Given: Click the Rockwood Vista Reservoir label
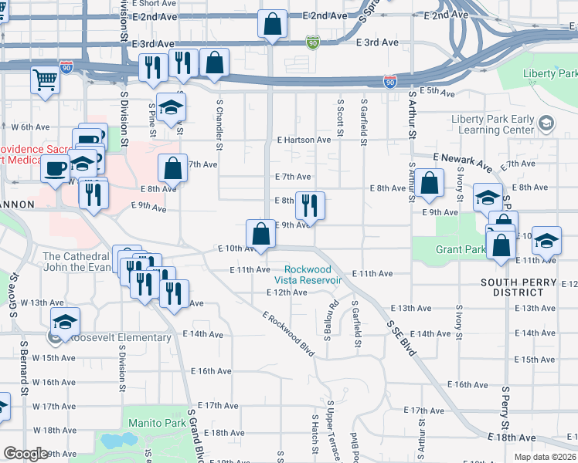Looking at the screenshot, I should tap(308, 275).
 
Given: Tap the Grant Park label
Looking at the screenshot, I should tap(461, 250).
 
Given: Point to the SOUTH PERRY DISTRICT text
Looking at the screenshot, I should tap(518, 287).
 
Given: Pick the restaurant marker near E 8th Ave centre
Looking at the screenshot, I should tap(310, 205).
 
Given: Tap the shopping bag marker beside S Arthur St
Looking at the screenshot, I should tap(431, 184).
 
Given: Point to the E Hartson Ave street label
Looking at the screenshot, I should tap(304, 140).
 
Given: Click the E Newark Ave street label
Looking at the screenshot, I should tap(462, 161).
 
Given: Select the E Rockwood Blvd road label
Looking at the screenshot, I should tap(288, 334).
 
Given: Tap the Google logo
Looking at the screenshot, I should tap(25, 454).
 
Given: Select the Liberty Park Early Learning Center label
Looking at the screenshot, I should tap(492, 124).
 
